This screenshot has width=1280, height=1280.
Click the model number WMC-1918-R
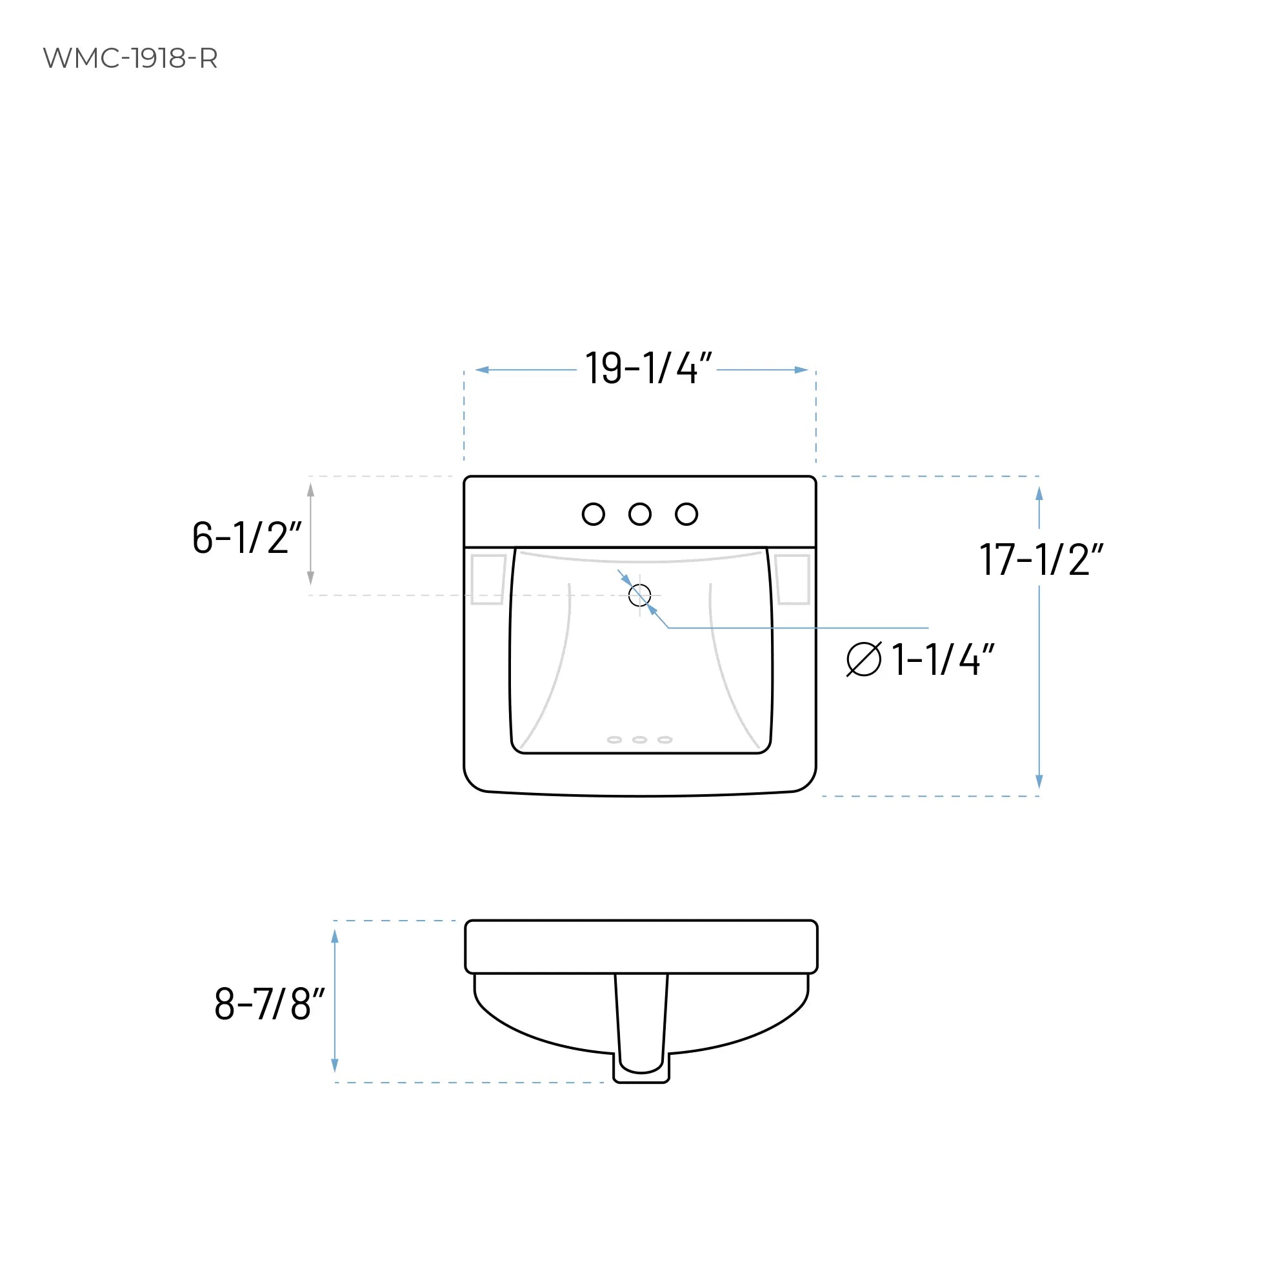(130, 58)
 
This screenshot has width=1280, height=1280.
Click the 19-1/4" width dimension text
(647, 368)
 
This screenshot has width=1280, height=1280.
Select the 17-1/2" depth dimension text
(1040, 560)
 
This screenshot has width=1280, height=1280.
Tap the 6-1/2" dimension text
(246, 537)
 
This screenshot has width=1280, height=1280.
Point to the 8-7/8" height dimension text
(269, 1004)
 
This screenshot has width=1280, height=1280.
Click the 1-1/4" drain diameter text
(942, 660)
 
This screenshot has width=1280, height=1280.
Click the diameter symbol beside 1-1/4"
(864, 659)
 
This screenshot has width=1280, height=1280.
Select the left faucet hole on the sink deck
(593, 514)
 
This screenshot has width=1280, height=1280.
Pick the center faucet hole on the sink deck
(640, 514)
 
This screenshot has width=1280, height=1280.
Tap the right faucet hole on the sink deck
(686, 514)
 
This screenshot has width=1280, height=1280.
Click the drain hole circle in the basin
(639, 595)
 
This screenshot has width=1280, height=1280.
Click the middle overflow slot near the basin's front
(639, 740)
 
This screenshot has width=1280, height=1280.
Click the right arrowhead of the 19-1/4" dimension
(801, 370)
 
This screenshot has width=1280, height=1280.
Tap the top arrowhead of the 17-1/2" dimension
(1039, 494)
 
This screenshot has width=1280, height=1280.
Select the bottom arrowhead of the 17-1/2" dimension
(1039, 782)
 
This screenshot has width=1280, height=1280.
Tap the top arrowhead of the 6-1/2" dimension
(311, 490)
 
